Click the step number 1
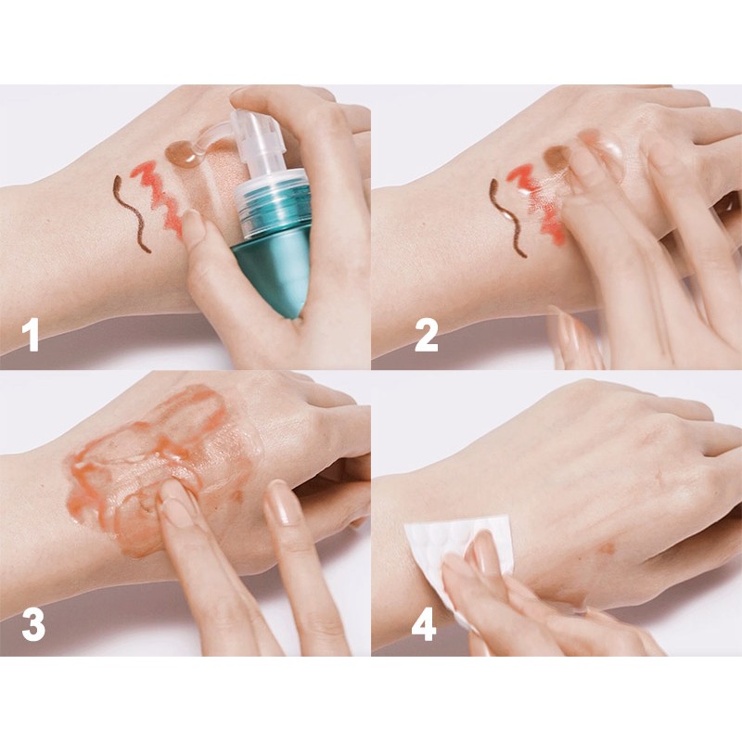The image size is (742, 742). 32,335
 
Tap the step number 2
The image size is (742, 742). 426,335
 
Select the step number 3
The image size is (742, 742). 33,624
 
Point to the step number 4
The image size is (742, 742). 424,624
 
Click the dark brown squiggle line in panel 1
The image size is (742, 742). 131,213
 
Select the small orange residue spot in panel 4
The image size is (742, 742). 607,549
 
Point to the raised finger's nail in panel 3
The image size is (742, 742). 281,503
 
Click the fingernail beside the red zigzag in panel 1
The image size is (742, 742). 194,224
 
